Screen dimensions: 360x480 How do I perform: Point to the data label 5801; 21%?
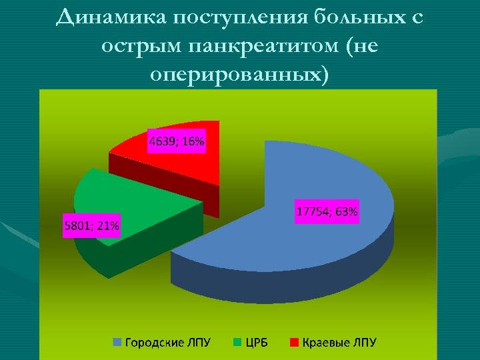[91, 226]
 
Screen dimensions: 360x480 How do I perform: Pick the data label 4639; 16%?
[176, 141]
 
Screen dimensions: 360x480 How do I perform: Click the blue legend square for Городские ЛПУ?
[117, 343]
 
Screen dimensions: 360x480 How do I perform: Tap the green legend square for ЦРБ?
[237, 343]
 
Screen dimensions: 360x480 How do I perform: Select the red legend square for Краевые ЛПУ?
[294, 343]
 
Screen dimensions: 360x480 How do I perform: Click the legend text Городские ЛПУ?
[167, 343]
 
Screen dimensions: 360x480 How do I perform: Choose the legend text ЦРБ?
[259, 343]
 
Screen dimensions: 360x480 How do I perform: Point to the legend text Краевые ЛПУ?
[339, 343]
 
